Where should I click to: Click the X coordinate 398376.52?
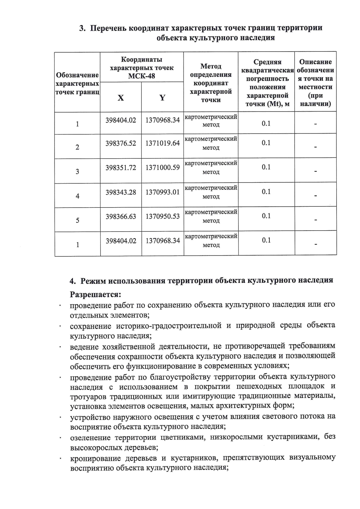[x=121, y=143]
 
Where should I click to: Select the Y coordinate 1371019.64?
[x=163, y=143]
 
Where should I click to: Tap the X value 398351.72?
[x=121, y=168]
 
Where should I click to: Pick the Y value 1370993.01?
[x=163, y=192]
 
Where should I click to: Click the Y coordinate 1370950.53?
[x=163, y=216]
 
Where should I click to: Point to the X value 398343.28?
[x=121, y=192]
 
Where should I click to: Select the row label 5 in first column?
[x=77, y=220]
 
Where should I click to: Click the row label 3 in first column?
[x=77, y=172]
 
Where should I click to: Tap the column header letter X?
[x=121, y=98]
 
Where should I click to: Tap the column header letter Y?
[x=162, y=98]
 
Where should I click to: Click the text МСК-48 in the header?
[x=142, y=76]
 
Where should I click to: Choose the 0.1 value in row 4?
[x=266, y=192]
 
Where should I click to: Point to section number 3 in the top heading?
[x=82, y=28]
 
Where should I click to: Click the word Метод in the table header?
[x=211, y=66]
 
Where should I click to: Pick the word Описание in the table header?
[x=315, y=62]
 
